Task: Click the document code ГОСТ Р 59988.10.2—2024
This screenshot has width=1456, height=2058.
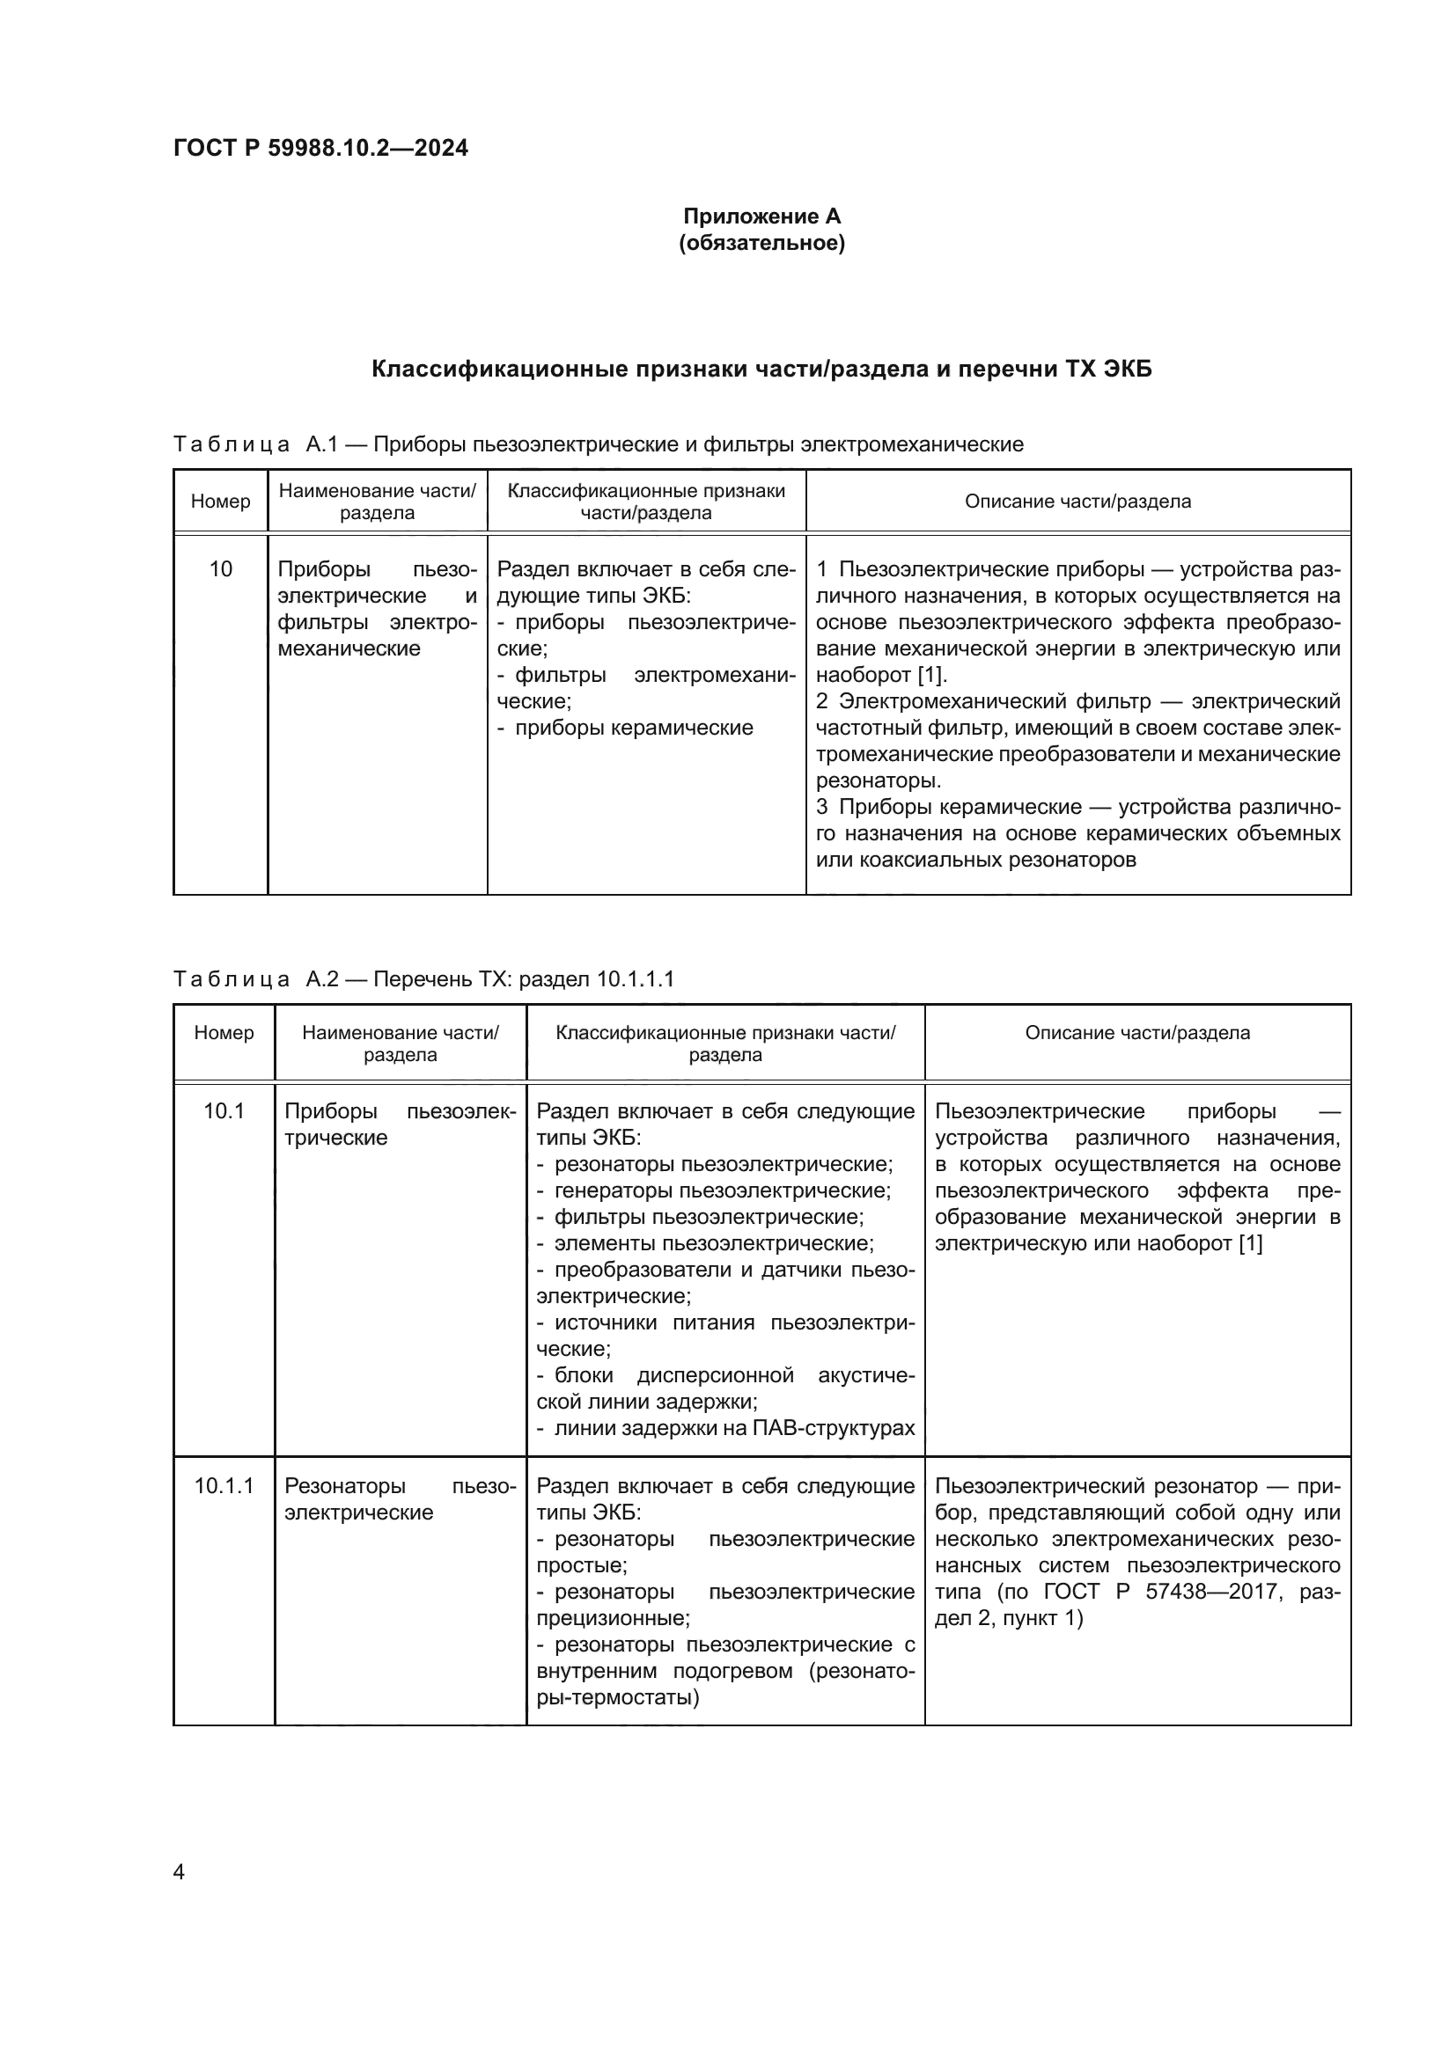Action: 320,148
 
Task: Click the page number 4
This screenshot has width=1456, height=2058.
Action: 179,1871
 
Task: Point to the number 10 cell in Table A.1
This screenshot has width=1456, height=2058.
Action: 221,569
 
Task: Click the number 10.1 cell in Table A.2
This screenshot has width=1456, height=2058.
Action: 224,1111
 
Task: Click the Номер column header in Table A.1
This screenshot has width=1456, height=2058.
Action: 221,501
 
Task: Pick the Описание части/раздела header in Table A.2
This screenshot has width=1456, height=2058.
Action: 1136,1033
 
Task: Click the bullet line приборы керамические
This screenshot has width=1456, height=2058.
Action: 633,728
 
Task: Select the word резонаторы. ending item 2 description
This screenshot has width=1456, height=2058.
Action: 878,780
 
